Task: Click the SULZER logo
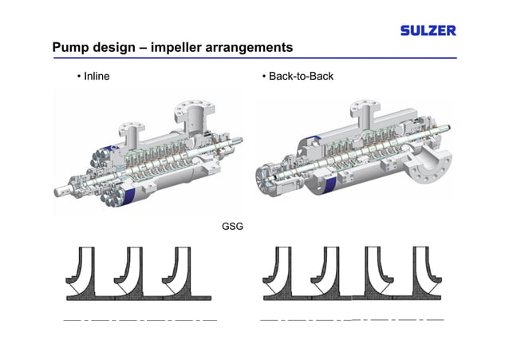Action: tap(428, 30)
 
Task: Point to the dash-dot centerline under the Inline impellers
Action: tap(140, 319)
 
